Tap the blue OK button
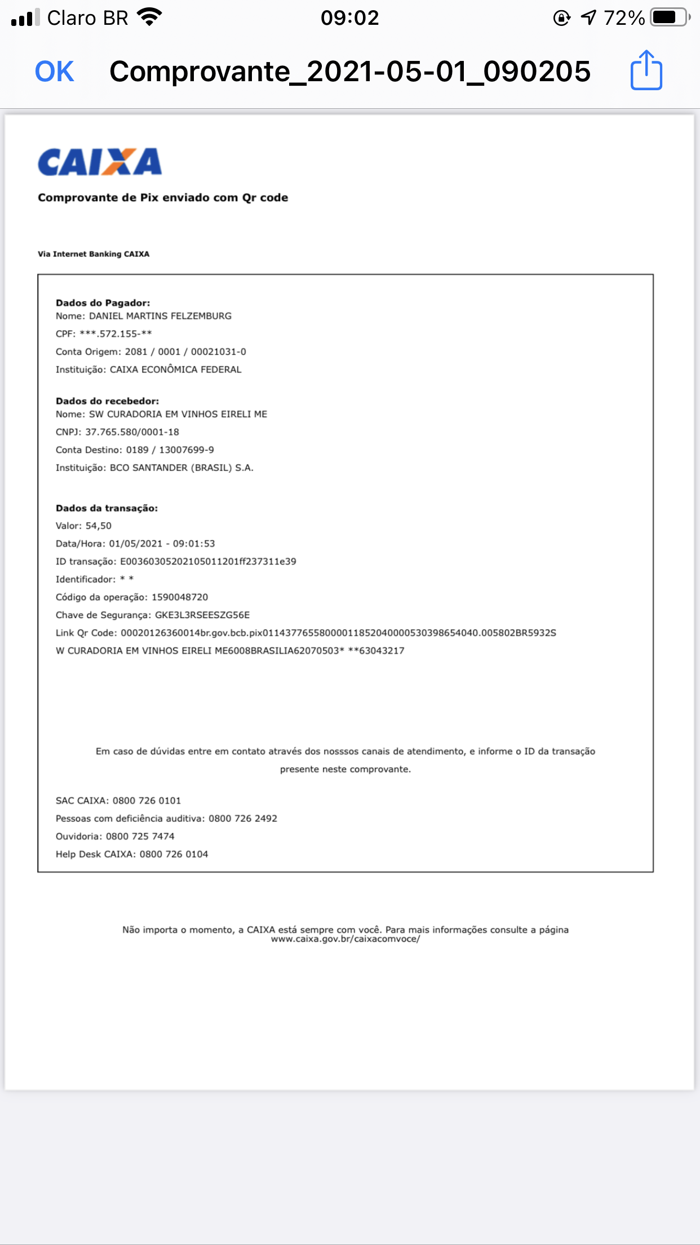click(x=55, y=72)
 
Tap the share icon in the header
click(x=646, y=70)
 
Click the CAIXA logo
click(x=100, y=162)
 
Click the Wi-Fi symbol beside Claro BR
click(x=150, y=17)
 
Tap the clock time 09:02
click(x=349, y=18)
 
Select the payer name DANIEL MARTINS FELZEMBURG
click(x=160, y=316)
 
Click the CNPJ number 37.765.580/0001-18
click(x=132, y=432)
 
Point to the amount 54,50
click(x=99, y=526)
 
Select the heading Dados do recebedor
click(x=107, y=401)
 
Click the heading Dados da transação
click(x=107, y=509)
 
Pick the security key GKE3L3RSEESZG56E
click(x=202, y=615)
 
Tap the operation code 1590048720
click(x=180, y=597)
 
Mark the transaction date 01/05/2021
click(x=135, y=544)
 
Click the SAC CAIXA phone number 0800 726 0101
click(x=147, y=801)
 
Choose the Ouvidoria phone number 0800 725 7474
click(x=140, y=837)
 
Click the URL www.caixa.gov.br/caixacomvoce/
click(x=345, y=939)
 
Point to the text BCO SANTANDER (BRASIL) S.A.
click(x=181, y=468)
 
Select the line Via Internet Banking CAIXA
click(x=94, y=254)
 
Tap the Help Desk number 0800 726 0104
click(x=174, y=855)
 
